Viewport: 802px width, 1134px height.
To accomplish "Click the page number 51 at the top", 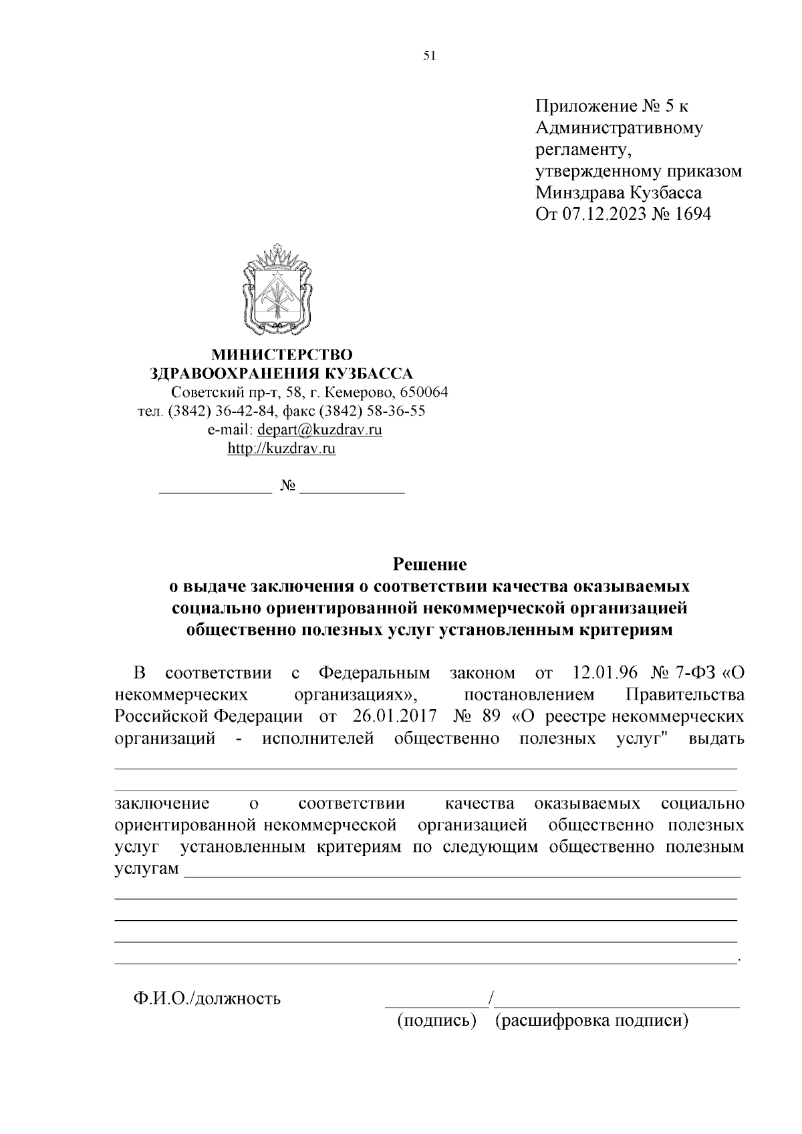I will click(x=429, y=56).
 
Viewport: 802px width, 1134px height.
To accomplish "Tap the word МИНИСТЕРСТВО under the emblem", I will click(x=281, y=354).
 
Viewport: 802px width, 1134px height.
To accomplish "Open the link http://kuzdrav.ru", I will click(x=281, y=448).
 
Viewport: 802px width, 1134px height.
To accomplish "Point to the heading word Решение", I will click(x=429, y=565).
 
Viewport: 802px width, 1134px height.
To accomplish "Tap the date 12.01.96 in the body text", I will click(x=605, y=672).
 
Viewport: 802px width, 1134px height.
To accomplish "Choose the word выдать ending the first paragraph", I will click(x=716, y=738).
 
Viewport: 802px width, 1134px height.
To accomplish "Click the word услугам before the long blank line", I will click(x=147, y=869).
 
